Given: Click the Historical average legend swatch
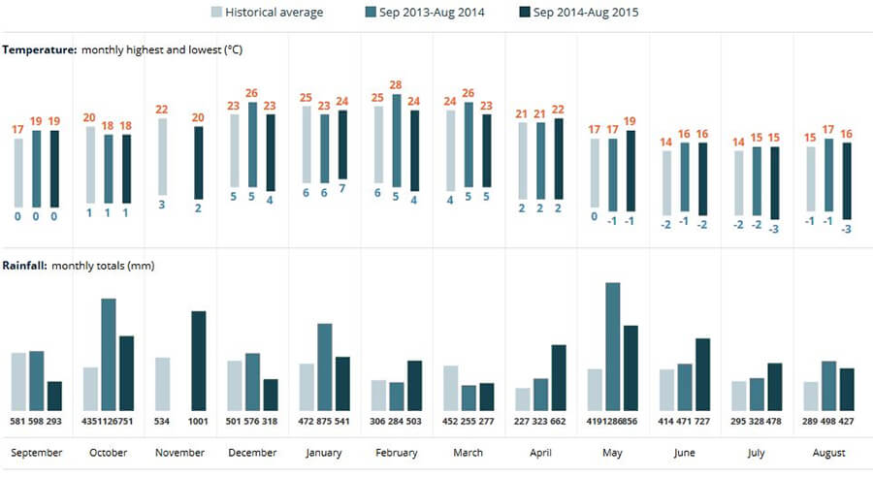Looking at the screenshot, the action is pyautogui.click(x=216, y=12).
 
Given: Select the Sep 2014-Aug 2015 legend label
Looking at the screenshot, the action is pyautogui.click(x=586, y=13).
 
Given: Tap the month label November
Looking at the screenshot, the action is pyautogui.click(x=179, y=453).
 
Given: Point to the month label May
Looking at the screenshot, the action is pyautogui.click(x=612, y=453).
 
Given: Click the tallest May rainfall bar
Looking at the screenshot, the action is pyautogui.click(x=612, y=347).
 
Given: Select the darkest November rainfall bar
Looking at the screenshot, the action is pyautogui.click(x=199, y=361).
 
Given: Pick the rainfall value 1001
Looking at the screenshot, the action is pyautogui.click(x=198, y=422).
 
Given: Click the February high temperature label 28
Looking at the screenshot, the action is pyautogui.click(x=396, y=85).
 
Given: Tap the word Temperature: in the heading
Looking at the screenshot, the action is pyautogui.click(x=40, y=50).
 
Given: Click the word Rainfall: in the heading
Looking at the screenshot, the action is pyautogui.click(x=24, y=266).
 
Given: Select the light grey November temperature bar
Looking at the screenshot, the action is pyautogui.click(x=162, y=156).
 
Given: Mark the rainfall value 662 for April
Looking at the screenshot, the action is pyautogui.click(x=558, y=422).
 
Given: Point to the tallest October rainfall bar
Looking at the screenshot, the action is pyautogui.click(x=109, y=355).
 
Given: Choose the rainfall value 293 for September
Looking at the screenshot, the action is pyautogui.click(x=54, y=422).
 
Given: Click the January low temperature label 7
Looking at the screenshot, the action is pyautogui.click(x=341, y=189).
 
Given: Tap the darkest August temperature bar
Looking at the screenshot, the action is pyautogui.click(x=847, y=181).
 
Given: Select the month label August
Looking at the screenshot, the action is pyautogui.click(x=828, y=453).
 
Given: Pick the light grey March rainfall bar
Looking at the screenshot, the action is pyautogui.click(x=450, y=388).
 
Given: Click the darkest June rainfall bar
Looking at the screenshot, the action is pyautogui.click(x=702, y=374).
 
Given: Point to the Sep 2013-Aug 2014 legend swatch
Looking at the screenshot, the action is pyautogui.click(x=371, y=12).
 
